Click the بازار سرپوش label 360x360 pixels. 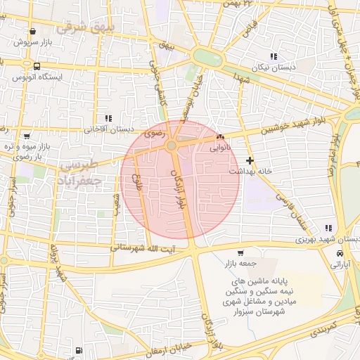[33, 43]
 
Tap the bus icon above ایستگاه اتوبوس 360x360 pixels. [35, 66]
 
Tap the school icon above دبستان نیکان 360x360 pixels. [274, 56]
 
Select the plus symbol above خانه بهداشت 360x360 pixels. [250, 160]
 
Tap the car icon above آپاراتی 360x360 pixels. [340, 253]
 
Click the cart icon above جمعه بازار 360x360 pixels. [240, 253]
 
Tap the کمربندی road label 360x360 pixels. [324, 329]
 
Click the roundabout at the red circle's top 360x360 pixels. [172, 146]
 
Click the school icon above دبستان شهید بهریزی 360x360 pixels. [328, 228]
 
